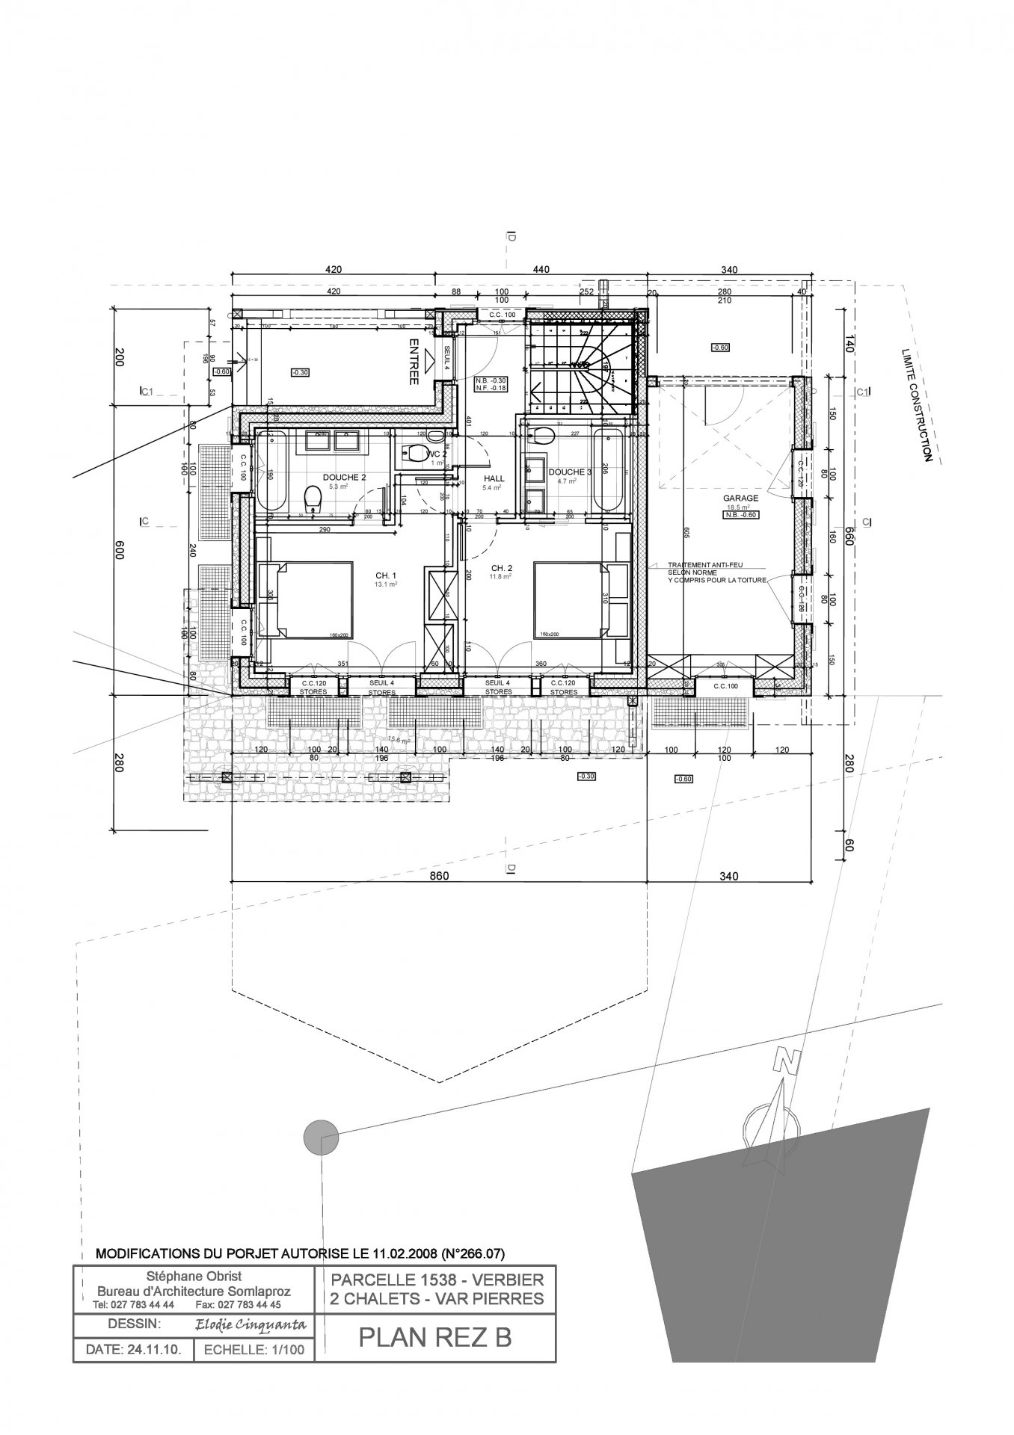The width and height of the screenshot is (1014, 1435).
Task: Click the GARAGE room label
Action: pos(740,498)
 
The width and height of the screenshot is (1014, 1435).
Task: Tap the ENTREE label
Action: pos(414,362)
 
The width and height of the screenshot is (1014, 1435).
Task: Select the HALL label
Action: pos(494,478)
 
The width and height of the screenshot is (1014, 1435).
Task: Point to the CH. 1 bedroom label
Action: pos(386,575)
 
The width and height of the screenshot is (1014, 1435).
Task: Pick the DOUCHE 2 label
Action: pos(344,477)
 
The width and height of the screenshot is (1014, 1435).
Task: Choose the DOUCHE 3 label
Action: pos(570,472)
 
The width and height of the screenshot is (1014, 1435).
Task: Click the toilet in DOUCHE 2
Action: pos(313,498)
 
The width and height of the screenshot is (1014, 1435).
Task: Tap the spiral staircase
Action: pos(591,366)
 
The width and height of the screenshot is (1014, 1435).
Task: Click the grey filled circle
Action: pos(321,1138)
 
